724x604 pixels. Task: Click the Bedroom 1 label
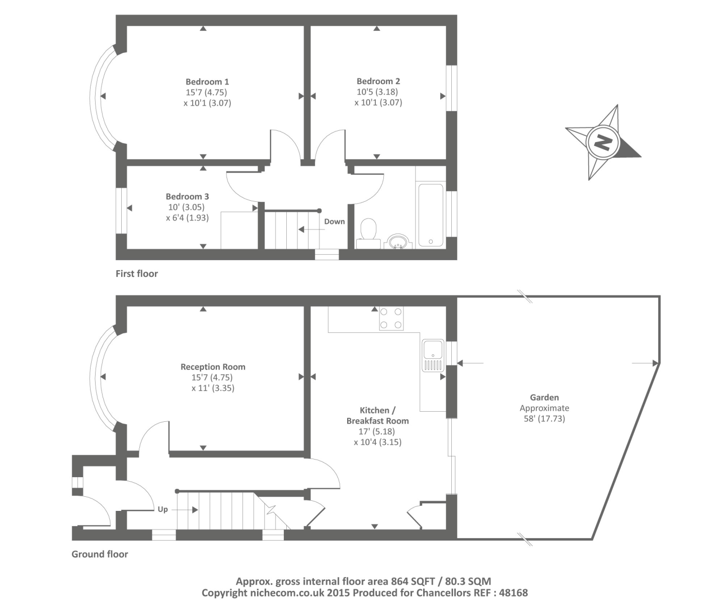[x=207, y=82]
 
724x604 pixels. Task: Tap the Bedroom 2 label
[x=378, y=81]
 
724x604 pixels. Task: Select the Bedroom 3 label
[x=187, y=196]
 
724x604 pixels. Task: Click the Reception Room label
[x=213, y=367]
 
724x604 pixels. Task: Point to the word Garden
[x=544, y=397]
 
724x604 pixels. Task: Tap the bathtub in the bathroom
[x=431, y=215]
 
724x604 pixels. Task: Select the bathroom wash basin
[x=398, y=242]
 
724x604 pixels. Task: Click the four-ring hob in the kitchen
[x=391, y=318]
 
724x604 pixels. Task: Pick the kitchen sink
[x=433, y=355]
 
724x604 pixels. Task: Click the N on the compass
[x=602, y=142]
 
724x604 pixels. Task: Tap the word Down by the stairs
[x=335, y=221]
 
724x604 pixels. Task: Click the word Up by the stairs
[x=163, y=509]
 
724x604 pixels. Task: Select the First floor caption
[x=137, y=274]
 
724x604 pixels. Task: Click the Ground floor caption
[x=100, y=554]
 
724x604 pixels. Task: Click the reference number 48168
[x=512, y=593]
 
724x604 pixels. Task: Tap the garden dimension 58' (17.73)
[x=544, y=419]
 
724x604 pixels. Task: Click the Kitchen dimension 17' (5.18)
[x=377, y=431]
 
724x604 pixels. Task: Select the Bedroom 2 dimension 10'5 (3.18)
[x=377, y=92]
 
